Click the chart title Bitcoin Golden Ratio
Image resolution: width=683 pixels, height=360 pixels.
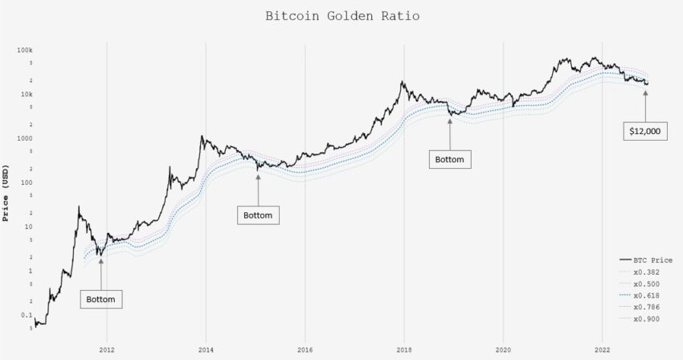[341, 16]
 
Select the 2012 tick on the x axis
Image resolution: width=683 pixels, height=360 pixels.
[106, 350]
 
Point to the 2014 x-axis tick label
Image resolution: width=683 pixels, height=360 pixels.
[205, 350]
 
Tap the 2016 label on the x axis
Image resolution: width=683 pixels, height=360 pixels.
[305, 350]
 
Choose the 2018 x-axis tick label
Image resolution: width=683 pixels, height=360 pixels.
[403, 350]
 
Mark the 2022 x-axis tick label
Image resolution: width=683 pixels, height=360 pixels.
[602, 350]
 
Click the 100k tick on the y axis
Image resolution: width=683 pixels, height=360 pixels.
[23, 50]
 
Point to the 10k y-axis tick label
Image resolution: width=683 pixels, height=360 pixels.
[25, 94]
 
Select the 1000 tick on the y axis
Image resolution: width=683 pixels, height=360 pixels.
[23, 138]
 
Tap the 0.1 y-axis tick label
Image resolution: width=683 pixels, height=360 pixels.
[26, 315]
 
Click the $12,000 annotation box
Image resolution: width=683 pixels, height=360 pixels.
[646, 131]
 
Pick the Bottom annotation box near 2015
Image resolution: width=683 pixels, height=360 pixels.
[258, 215]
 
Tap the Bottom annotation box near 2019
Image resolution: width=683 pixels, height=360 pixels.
[450, 159]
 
